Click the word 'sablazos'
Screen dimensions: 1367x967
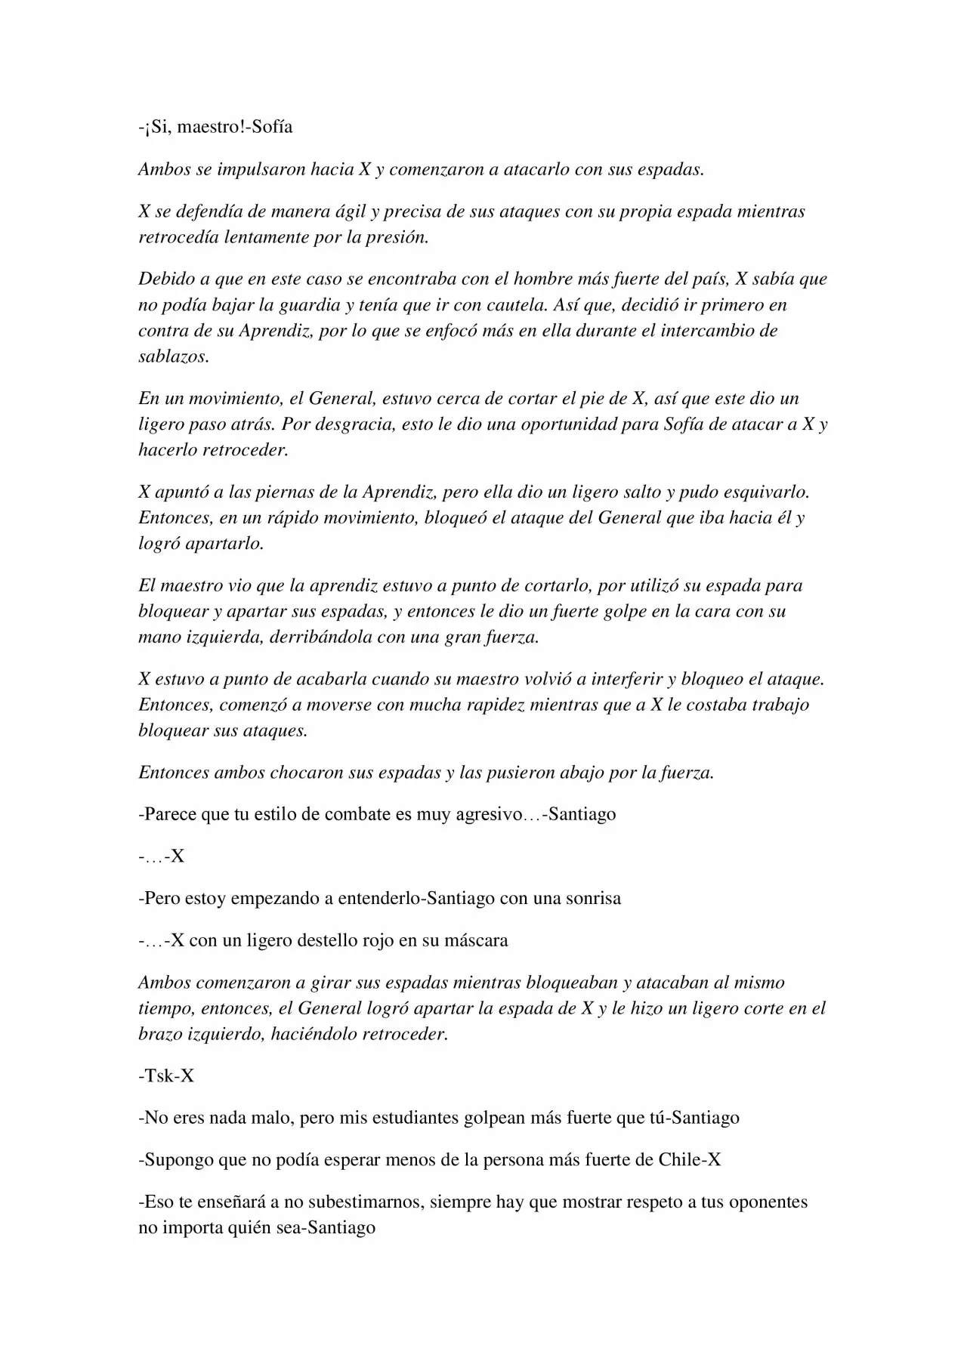(x=172, y=356)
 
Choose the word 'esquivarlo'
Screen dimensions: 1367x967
(x=768, y=492)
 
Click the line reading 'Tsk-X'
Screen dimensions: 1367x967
(x=166, y=1075)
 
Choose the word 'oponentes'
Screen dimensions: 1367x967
(x=768, y=1202)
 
